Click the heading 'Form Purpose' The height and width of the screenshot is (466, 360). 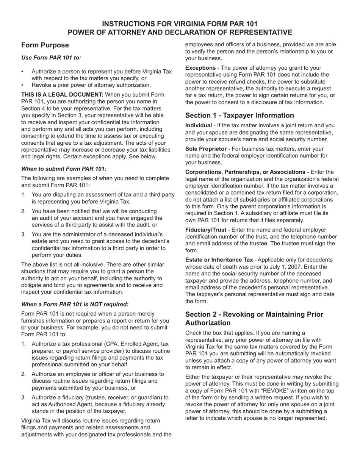[45, 45]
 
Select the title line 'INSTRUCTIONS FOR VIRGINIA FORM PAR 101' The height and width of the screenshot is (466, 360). [180, 24]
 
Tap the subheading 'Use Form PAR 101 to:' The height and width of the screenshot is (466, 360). [51, 58]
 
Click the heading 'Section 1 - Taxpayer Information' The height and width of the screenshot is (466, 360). [239, 116]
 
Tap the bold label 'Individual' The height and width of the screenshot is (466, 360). [199, 126]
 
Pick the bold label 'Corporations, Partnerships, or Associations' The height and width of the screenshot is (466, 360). [245, 172]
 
